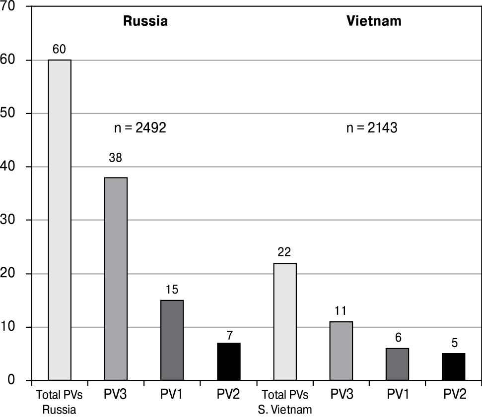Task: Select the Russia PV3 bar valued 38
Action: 116,279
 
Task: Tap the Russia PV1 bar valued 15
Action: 172,340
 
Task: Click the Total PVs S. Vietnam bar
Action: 284,322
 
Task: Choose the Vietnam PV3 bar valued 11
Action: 341,351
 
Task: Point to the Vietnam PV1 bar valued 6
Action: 397,364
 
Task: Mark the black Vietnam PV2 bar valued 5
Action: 453,367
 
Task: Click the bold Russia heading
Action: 145,21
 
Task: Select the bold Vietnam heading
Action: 374,21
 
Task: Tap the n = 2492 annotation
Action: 140,128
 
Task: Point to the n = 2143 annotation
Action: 372,128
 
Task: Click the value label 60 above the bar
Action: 60,49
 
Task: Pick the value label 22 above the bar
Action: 284,253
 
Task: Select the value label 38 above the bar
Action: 116,157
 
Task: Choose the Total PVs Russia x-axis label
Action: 59,402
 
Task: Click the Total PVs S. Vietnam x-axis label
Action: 284,402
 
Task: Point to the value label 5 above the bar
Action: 453,343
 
